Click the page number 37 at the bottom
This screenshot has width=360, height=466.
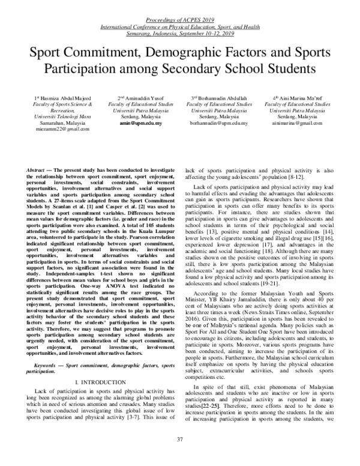point(180,456)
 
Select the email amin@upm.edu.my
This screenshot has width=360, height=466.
point(137,121)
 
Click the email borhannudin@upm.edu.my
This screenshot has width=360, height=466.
point(218,121)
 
